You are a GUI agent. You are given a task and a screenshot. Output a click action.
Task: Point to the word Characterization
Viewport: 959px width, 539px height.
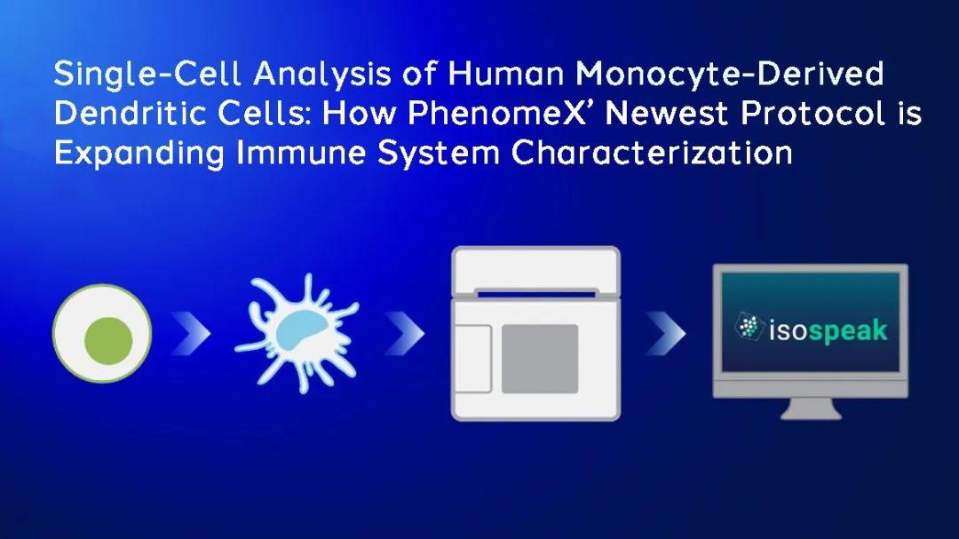[x=652, y=152]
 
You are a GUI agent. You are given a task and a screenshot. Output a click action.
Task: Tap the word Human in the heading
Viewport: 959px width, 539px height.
[x=506, y=74]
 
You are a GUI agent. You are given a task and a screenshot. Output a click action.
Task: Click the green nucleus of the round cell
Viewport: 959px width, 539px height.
[x=108, y=341]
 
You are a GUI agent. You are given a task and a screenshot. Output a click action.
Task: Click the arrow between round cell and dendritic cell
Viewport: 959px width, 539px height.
[x=191, y=333]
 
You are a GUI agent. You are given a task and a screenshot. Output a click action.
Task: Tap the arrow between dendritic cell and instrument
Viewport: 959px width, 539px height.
[x=405, y=333]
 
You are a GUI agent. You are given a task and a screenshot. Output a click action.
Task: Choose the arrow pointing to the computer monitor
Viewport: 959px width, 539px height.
[x=666, y=333]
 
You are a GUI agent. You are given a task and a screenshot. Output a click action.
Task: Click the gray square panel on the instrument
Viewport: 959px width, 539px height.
[x=540, y=359]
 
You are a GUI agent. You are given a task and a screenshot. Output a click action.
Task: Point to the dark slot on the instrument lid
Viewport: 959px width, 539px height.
[x=536, y=294]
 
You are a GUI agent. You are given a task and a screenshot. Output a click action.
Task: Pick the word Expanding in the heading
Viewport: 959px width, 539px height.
[x=139, y=152]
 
